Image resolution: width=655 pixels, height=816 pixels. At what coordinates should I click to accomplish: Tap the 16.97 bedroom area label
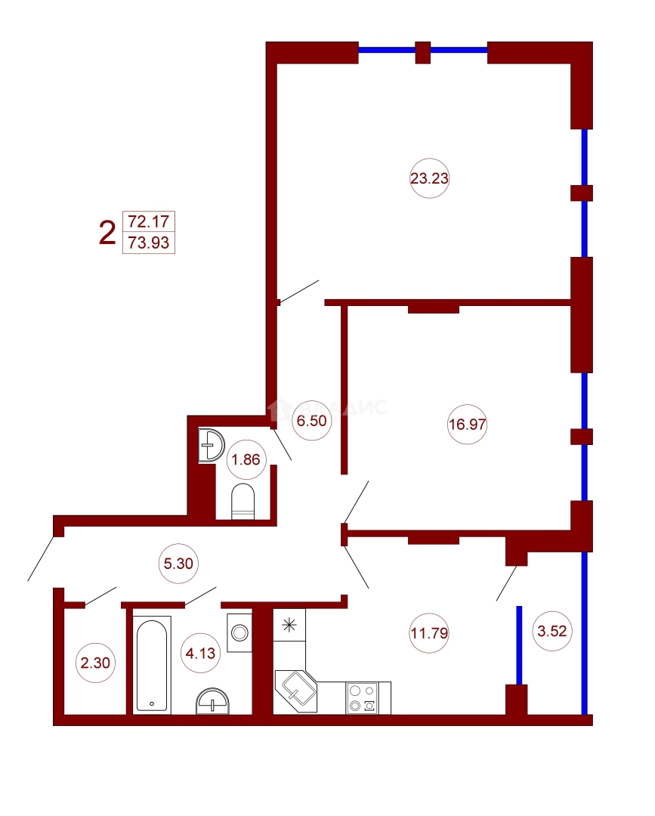click(x=468, y=424)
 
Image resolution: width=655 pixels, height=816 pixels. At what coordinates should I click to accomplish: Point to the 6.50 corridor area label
click(x=311, y=422)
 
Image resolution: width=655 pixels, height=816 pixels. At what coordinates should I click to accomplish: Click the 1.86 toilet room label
click(x=246, y=459)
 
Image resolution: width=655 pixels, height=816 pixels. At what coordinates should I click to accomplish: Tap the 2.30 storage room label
click(x=95, y=664)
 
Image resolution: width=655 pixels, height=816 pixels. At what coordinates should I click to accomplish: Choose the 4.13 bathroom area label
click(x=201, y=654)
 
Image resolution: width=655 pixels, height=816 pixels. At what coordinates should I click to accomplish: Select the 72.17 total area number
click(x=148, y=222)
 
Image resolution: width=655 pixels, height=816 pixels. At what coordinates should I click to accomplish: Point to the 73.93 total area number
click(x=148, y=243)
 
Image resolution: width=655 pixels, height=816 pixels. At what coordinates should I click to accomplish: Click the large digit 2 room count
click(x=107, y=233)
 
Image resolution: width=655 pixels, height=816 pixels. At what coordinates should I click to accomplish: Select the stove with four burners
click(x=362, y=698)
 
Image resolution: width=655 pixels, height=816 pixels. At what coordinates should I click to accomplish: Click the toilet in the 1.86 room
click(x=243, y=502)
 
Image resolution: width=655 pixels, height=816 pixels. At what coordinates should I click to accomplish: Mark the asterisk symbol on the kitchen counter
click(x=288, y=625)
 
